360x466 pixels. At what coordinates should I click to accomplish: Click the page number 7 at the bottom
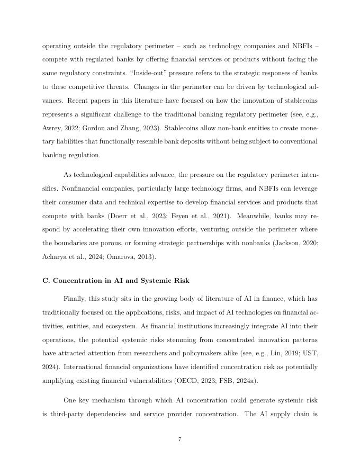(180, 440)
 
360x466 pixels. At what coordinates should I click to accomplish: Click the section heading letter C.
(46, 280)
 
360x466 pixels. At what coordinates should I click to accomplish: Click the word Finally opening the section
(76, 298)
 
